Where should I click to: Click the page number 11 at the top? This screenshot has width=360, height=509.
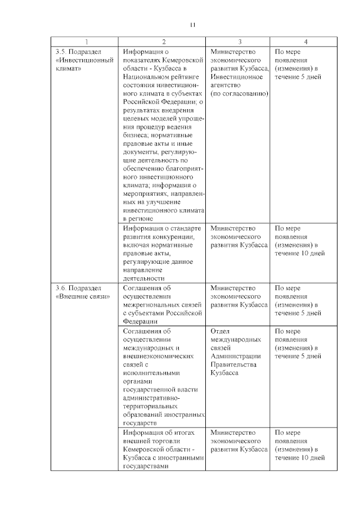(192, 25)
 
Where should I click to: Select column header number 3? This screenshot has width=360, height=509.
(240, 42)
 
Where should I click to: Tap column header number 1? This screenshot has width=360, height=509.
(86, 42)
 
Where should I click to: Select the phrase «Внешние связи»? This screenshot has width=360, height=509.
(83, 296)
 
